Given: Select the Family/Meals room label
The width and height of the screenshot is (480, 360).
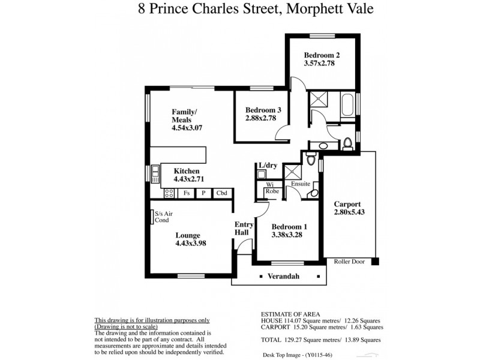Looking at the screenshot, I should click(184, 116).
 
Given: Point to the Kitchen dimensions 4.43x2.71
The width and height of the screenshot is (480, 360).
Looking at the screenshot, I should click(190, 179).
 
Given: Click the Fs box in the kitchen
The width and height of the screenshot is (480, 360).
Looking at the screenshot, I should click(187, 193).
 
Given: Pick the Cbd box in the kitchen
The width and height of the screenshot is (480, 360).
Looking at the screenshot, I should click(221, 193).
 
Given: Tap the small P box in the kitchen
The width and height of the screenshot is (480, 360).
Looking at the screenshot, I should click(203, 193).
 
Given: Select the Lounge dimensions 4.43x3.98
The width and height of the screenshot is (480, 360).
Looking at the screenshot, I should click(191, 244).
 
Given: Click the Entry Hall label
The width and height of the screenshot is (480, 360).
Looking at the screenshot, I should click(244, 229).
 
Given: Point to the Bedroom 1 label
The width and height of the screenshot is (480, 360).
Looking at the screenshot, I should click(289, 227).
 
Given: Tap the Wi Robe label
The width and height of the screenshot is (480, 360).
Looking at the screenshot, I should click(271, 188).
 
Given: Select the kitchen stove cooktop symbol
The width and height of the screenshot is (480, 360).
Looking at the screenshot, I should click(169, 193).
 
